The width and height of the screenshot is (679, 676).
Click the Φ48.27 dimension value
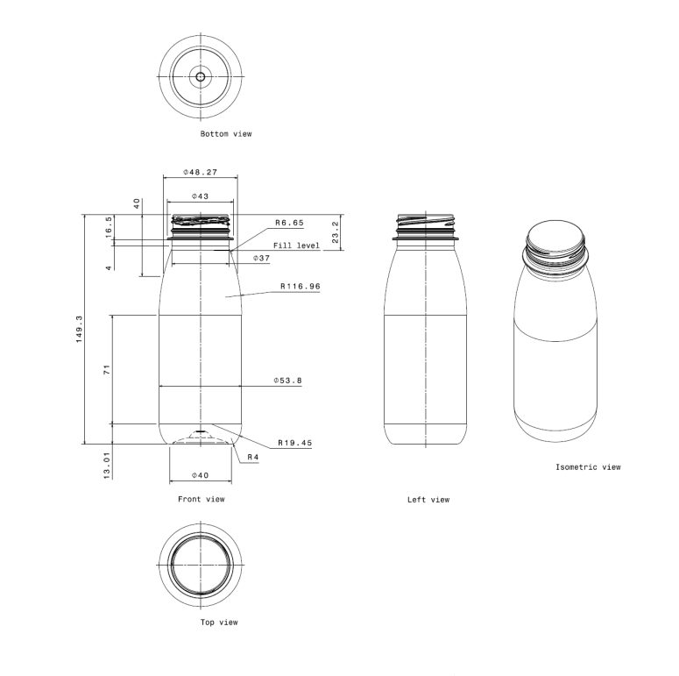[200, 172]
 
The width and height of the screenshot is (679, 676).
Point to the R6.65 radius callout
[289, 223]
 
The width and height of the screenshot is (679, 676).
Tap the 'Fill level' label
[296, 245]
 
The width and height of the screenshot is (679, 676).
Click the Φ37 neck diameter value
[261, 259]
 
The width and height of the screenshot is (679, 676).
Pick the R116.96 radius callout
[301, 286]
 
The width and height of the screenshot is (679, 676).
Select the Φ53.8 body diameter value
[287, 381]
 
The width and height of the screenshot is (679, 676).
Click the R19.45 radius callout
[294, 443]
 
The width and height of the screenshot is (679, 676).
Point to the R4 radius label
[252, 458]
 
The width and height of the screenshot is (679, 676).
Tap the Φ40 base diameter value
[200, 475]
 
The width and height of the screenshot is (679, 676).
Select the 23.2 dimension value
[336, 233]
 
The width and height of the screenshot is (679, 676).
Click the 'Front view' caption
[201, 499]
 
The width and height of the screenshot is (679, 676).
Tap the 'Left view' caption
[428, 500]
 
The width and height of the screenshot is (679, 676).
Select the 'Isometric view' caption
[588, 467]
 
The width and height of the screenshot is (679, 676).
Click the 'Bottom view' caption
[226, 134]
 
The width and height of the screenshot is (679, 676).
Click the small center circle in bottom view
[201, 77]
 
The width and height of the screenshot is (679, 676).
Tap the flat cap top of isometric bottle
[557, 236]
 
